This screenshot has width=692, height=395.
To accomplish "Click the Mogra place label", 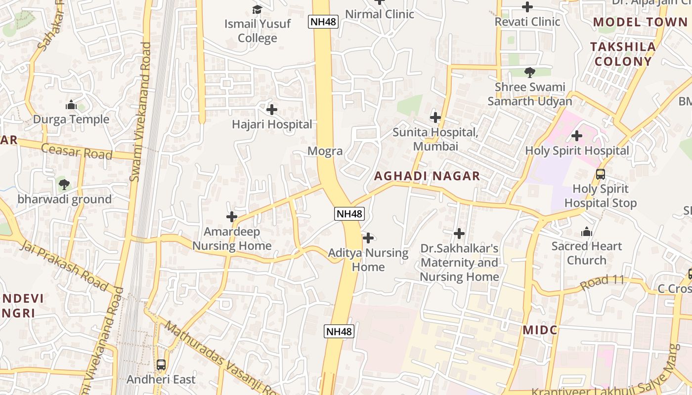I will point(325,151).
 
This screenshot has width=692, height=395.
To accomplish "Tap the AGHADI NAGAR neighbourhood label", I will point(427,176).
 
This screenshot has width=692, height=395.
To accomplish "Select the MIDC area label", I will point(540,330).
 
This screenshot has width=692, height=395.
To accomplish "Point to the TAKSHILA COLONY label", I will point(623,54).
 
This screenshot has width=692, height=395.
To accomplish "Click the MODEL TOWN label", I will point(640,22).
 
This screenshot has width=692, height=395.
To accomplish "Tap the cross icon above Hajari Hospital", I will point(272,110).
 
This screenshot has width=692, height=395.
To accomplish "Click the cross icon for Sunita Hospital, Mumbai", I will point(435,118).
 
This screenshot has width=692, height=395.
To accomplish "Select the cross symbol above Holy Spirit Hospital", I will point(576,136).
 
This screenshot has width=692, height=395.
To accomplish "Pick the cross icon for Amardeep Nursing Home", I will point(232,217).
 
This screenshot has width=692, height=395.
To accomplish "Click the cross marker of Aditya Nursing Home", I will point(368,238).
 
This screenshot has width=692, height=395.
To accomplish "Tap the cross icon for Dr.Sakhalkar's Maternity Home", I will point(459,234).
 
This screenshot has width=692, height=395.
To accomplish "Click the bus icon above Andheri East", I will point(161,365).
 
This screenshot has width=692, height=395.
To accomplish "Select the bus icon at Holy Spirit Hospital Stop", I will point(601,174).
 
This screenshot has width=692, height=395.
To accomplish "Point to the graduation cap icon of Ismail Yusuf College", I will point(257,9).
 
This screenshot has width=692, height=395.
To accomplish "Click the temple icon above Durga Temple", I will point(71,105).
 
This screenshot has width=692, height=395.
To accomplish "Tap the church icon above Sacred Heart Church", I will point(587,232).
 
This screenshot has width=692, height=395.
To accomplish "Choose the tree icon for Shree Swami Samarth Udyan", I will point(530,73).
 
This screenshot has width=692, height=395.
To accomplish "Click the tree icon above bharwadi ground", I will point(64,185).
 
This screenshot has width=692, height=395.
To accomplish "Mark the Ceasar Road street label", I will point(77,151).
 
